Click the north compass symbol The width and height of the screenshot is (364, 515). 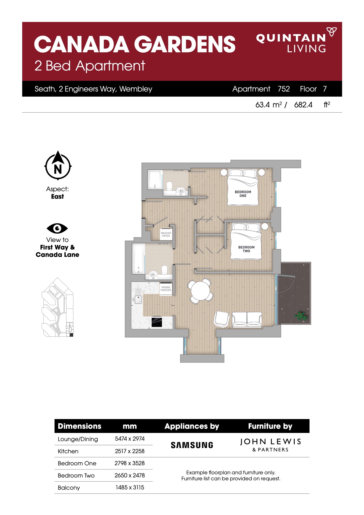pyautogui.click(x=58, y=166)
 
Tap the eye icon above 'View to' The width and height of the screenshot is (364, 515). pyautogui.click(x=57, y=228)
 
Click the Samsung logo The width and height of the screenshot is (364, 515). pyautogui.click(x=192, y=445)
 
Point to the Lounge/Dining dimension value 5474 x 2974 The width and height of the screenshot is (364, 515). pyautogui.click(x=130, y=439)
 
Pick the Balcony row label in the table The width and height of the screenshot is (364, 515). pyautogui.click(x=69, y=488)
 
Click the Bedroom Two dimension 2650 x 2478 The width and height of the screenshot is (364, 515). pyautogui.click(x=130, y=475)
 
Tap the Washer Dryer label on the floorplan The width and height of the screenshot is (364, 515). pyautogui.click(x=166, y=234)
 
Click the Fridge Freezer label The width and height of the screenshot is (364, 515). pyautogui.click(x=166, y=289)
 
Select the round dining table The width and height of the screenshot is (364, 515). pyautogui.click(x=201, y=291)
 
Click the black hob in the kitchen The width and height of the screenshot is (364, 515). pyautogui.click(x=157, y=322)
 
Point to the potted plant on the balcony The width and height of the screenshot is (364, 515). pyautogui.click(x=301, y=316)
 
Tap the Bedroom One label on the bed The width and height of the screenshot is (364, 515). pyautogui.click(x=243, y=194)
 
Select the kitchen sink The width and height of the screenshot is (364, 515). pyautogui.click(x=138, y=299)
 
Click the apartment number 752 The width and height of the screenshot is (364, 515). pyautogui.click(x=284, y=89)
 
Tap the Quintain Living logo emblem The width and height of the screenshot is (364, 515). pyautogui.click(x=332, y=32)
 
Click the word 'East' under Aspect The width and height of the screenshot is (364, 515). pyautogui.click(x=57, y=197)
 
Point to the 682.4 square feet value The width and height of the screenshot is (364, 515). pyautogui.click(x=303, y=105)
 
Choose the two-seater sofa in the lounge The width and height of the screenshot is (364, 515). pyautogui.click(x=247, y=319)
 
